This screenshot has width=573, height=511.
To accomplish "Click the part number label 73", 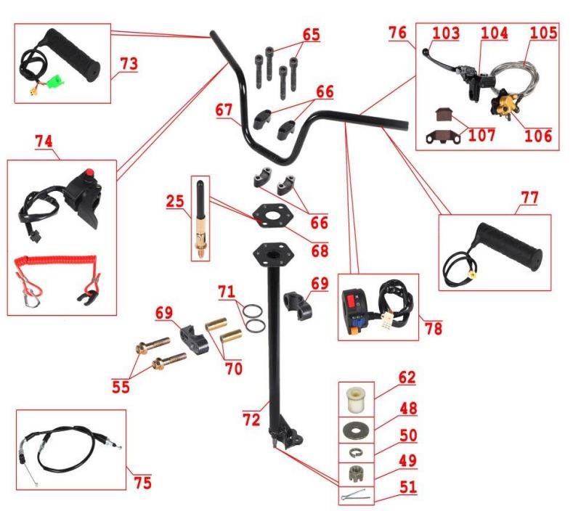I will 129,64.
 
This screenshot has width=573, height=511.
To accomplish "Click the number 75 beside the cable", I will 142,481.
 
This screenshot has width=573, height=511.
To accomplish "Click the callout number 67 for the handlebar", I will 225,110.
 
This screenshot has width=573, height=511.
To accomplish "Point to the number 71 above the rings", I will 227,292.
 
